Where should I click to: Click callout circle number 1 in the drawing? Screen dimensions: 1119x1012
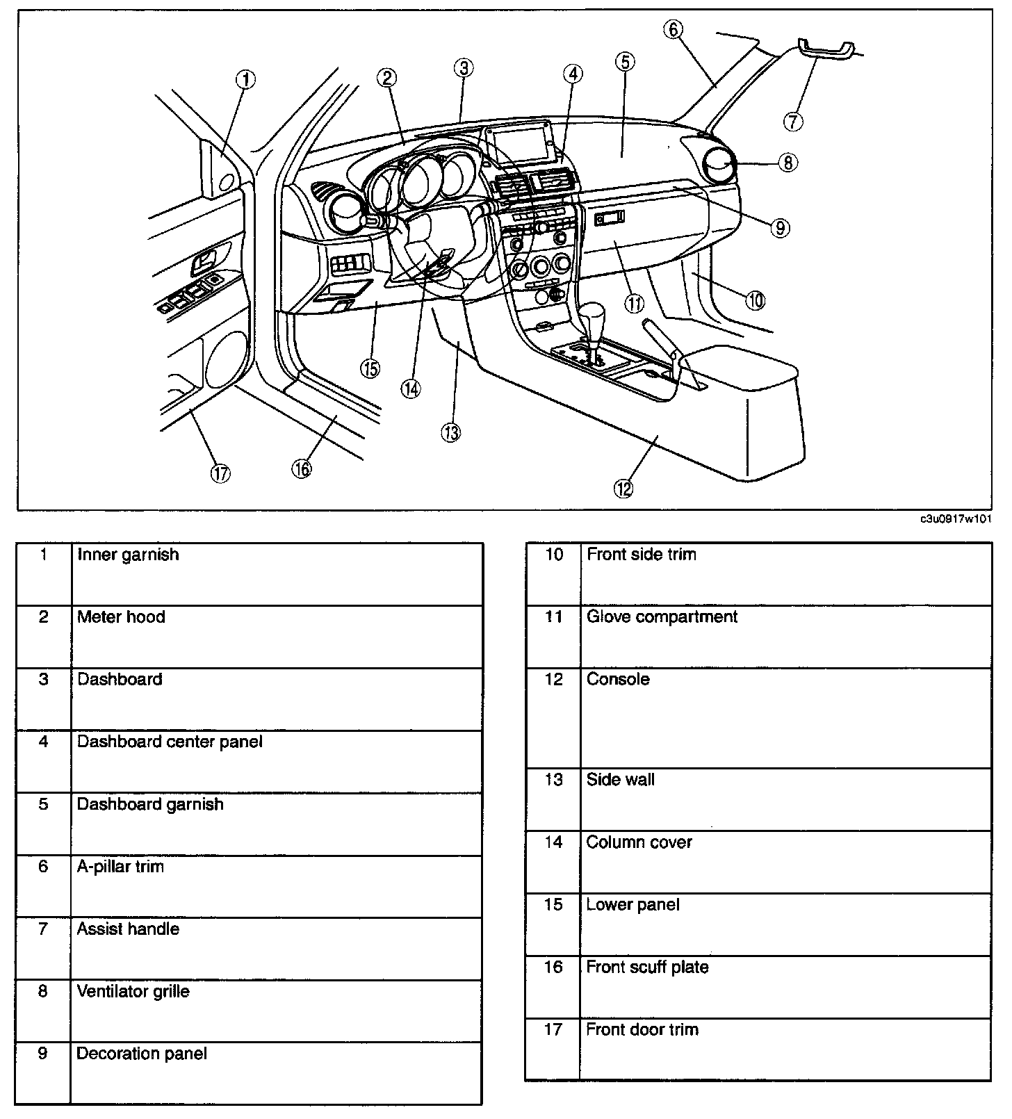click(x=245, y=80)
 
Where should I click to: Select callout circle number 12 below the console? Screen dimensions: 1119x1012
click(x=623, y=489)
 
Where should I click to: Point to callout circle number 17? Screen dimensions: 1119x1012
click(x=220, y=473)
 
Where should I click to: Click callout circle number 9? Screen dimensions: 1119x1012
click(x=781, y=227)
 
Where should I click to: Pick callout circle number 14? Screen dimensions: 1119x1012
click(x=411, y=389)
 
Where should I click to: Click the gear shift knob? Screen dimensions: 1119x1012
click(x=596, y=318)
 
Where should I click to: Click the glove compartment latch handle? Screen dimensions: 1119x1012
click(x=610, y=219)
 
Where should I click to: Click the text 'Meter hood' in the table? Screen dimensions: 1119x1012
click(x=121, y=617)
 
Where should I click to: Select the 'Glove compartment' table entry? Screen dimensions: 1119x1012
click(x=662, y=617)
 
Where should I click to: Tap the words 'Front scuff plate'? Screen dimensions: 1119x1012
click(x=647, y=967)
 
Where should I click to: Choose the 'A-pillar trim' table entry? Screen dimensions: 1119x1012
click(x=120, y=867)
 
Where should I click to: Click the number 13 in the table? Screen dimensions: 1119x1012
click(x=553, y=780)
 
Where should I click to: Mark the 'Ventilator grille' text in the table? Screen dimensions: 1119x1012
click(x=133, y=992)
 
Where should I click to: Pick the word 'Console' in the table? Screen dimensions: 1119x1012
click(x=618, y=679)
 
